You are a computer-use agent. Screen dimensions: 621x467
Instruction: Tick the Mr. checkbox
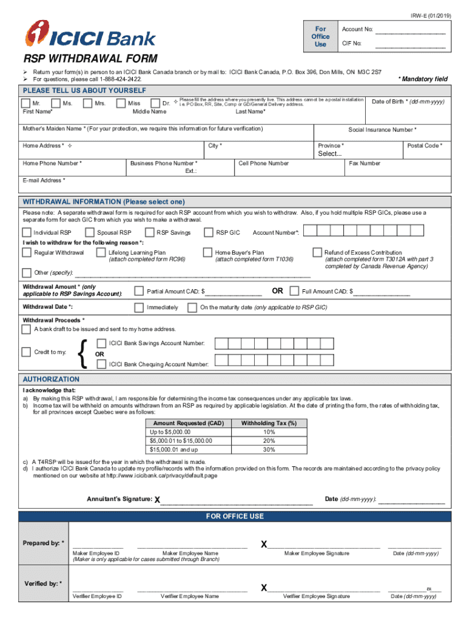click(27, 104)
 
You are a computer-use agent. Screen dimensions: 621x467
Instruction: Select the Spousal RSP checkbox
click(89, 232)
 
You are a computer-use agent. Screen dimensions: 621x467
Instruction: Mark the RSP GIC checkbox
click(208, 232)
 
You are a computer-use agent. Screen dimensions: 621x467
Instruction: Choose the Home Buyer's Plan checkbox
click(207, 252)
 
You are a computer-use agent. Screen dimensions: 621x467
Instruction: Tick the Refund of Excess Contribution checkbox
click(317, 252)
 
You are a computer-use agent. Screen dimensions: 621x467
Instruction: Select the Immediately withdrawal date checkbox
click(138, 307)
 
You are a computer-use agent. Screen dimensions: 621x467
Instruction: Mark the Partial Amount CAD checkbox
click(138, 291)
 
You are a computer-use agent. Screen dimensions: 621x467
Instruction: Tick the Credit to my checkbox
click(27, 352)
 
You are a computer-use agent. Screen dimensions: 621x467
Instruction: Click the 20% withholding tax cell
click(269, 441)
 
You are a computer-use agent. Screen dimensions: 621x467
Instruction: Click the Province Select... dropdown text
click(330, 154)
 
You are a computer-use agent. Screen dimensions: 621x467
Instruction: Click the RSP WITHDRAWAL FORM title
click(90, 59)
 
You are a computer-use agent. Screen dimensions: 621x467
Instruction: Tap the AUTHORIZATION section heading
click(51, 379)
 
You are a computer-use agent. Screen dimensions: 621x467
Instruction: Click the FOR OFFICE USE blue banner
click(235, 516)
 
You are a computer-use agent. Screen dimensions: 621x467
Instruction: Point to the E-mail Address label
click(44, 180)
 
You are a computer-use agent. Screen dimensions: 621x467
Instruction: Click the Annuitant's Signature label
click(119, 499)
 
